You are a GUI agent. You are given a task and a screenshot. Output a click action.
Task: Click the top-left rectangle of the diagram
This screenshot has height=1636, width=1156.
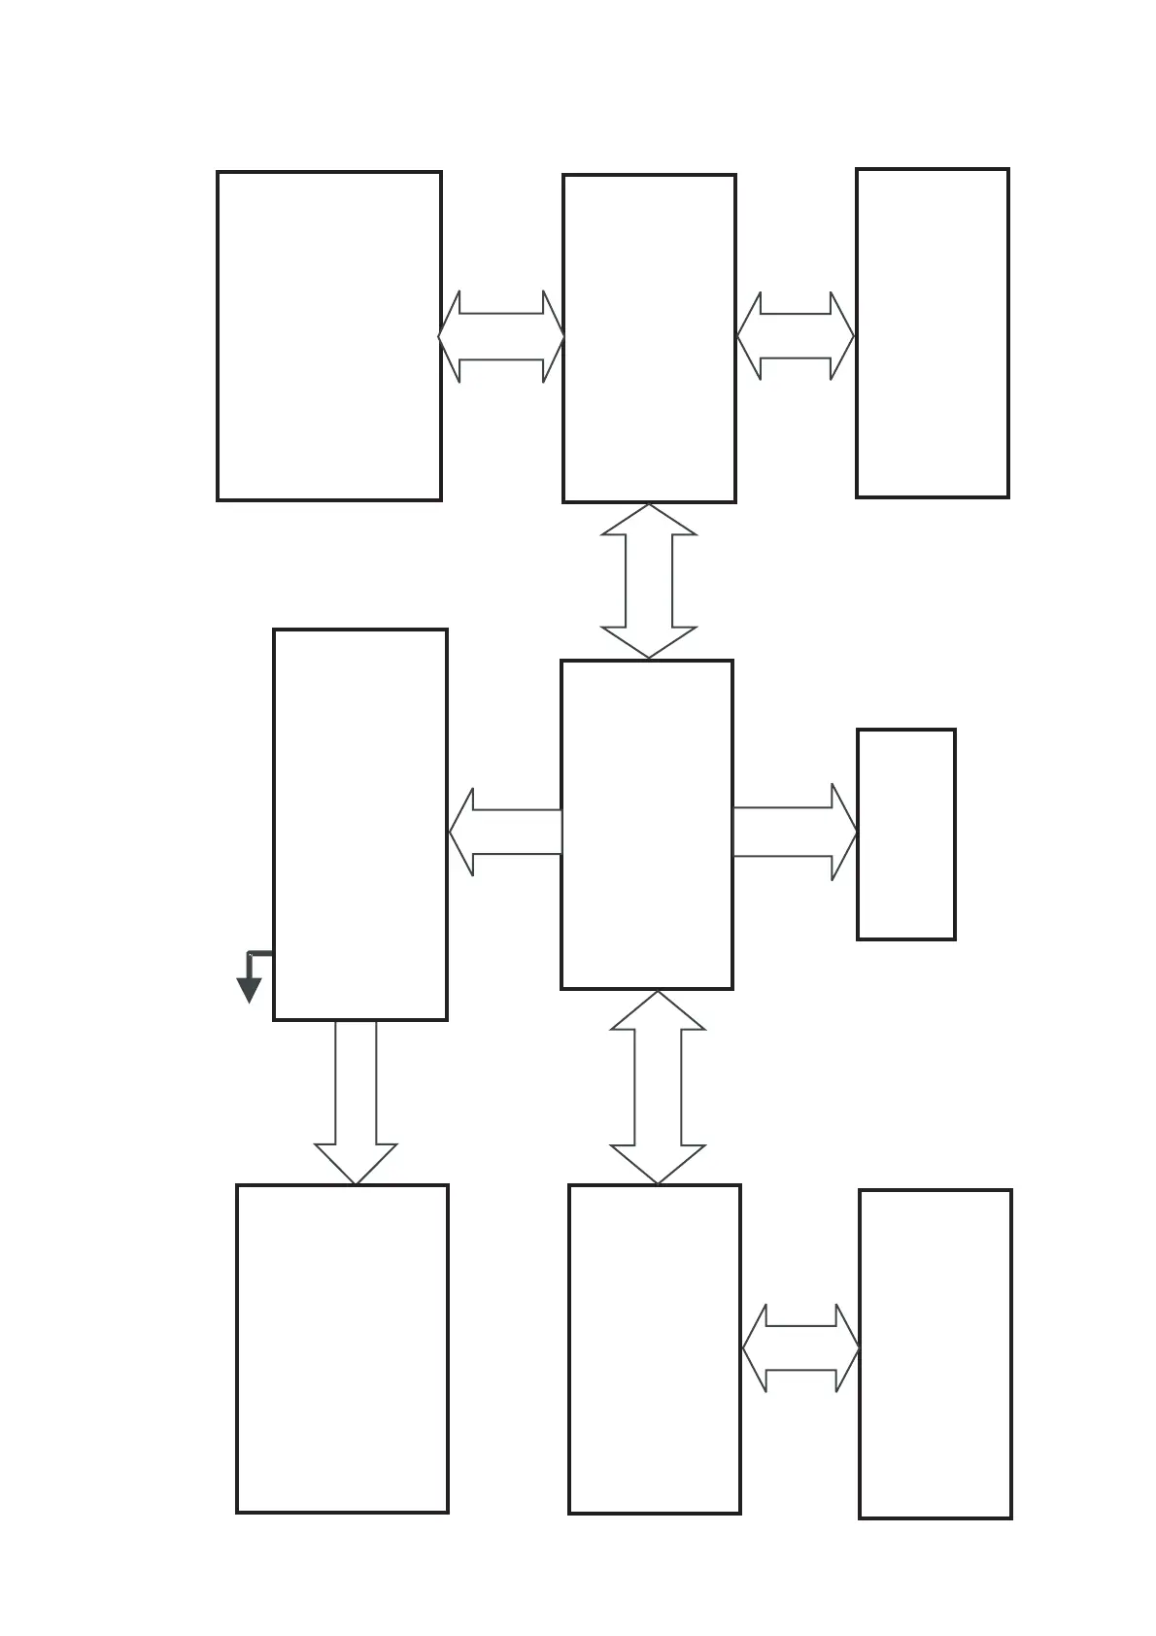click(x=328, y=336)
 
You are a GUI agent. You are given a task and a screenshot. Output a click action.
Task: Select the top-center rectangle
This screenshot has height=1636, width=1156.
click(x=649, y=338)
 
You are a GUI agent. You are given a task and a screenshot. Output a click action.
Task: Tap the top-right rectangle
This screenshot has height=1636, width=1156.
click(x=932, y=333)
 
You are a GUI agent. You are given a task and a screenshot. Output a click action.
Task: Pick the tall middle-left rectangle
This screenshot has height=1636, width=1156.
click(x=360, y=824)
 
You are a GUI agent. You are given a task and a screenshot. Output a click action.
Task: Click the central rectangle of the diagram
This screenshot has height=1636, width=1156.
click(x=647, y=824)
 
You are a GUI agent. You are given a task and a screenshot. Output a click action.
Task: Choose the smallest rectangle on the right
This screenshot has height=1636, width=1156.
click(x=905, y=834)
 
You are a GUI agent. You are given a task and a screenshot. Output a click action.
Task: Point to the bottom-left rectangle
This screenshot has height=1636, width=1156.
click(x=342, y=1347)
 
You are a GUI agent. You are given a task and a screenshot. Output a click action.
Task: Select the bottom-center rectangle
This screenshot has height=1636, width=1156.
click(x=654, y=1348)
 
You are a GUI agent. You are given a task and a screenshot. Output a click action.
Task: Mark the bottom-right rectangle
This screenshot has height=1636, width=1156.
click(x=935, y=1353)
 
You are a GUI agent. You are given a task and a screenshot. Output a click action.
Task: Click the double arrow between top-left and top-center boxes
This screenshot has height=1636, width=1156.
click(x=501, y=336)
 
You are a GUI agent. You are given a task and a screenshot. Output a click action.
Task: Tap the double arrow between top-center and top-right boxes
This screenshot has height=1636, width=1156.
click(x=795, y=336)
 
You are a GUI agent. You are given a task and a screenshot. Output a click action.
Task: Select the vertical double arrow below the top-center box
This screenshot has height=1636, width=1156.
click(x=649, y=581)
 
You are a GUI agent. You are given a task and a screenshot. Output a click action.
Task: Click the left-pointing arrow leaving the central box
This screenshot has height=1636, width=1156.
click(x=505, y=832)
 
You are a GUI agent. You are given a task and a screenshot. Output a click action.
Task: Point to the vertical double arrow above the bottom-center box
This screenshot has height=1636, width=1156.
click(x=658, y=1087)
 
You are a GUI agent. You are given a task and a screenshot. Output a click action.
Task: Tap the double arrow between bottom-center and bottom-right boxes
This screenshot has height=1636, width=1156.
click(x=800, y=1347)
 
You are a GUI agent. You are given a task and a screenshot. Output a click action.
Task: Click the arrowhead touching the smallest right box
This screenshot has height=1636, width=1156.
click(x=843, y=832)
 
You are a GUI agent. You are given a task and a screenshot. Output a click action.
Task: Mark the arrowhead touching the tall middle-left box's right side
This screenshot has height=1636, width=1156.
click(x=462, y=832)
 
